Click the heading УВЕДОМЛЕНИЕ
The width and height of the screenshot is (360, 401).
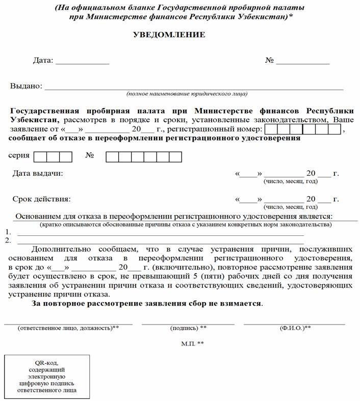pyautogui.click(x=169, y=35)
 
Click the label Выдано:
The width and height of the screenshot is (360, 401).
pyautogui.click(x=26, y=86)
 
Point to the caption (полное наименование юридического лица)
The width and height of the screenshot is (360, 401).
pyautogui.click(x=187, y=94)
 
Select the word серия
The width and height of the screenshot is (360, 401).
pyautogui.click(x=19, y=155)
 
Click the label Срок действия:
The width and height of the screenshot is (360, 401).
pyautogui.click(x=41, y=199)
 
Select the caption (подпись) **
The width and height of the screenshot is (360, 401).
pyautogui.click(x=188, y=328)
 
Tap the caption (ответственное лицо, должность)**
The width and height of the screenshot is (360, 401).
pyautogui.click(x=68, y=328)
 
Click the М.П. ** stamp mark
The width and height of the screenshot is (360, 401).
pyautogui.click(x=192, y=344)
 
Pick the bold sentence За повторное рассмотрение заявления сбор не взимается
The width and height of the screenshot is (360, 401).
pyautogui.click(x=147, y=304)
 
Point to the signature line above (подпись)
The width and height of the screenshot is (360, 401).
pyautogui.click(x=188, y=323)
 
